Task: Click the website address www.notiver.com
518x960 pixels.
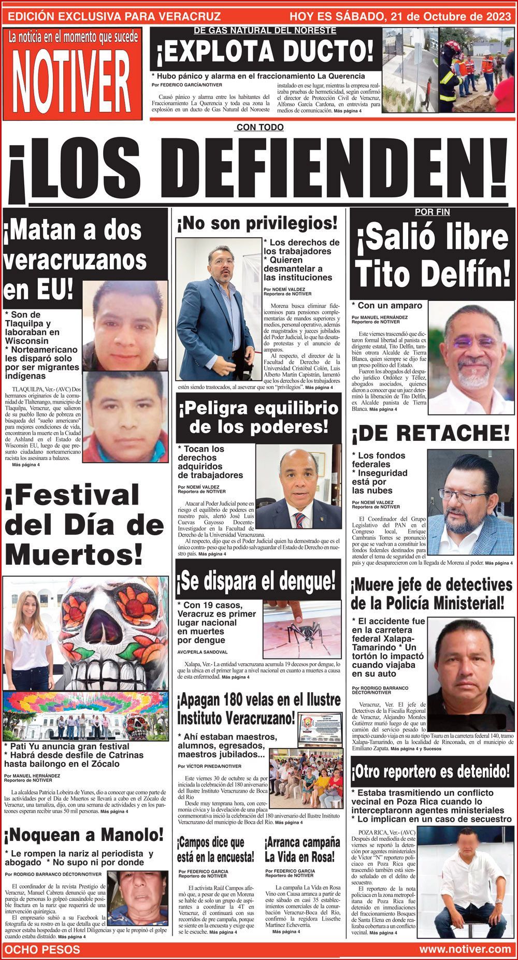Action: coord(465,949)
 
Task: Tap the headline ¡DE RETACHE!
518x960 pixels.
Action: coord(430,432)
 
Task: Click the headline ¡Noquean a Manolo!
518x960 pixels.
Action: coord(84,835)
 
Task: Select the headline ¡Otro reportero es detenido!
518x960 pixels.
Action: coord(430,771)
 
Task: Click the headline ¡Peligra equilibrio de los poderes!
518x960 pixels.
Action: coord(258,418)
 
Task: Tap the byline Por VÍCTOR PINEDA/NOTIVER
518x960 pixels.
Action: coord(210,766)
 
